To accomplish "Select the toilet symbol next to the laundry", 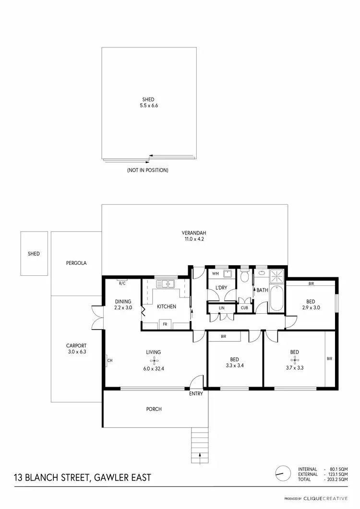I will (x=245, y=277).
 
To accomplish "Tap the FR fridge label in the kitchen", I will (x=165, y=325).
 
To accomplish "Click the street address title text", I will (x=82, y=477).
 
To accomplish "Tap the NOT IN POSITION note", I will (x=147, y=170).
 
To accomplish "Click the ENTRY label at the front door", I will (x=196, y=394).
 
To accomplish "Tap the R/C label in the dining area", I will (x=122, y=284).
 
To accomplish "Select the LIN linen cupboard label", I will (x=221, y=308).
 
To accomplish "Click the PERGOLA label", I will (x=76, y=263).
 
